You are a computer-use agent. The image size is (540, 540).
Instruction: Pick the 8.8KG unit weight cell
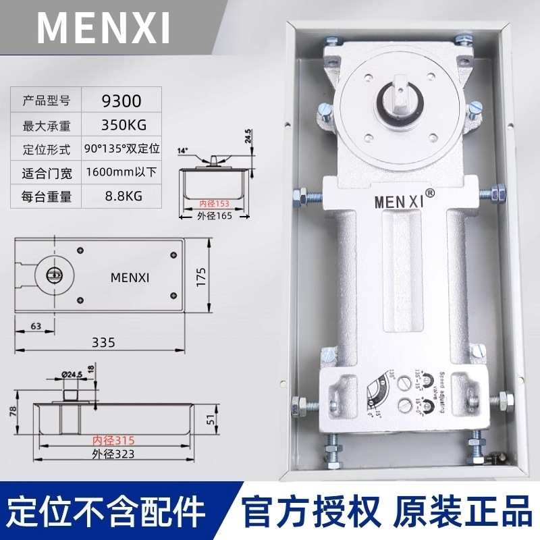(x=122, y=197)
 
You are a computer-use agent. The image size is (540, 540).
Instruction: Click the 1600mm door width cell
(x=122, y=172)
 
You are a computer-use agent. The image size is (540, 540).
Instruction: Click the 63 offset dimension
(x=34, y=327)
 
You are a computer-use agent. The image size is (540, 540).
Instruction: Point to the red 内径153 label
(x=213, y=202)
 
